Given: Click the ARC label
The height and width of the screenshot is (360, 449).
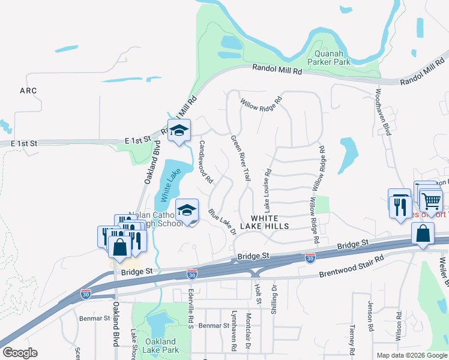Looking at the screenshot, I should click(28, 91).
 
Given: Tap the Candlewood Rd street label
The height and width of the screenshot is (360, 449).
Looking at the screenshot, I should click(206, 161).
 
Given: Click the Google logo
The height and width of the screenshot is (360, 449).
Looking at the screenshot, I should click(20, 353).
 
